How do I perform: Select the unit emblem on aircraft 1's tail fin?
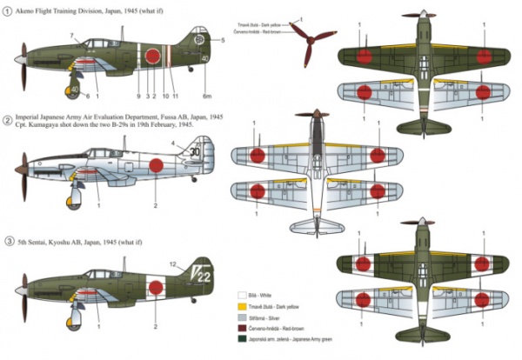[x=199, y=38]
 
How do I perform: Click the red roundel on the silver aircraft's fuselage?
[x=158, y=165]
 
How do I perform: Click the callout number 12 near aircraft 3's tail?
[x=173, y=252]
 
